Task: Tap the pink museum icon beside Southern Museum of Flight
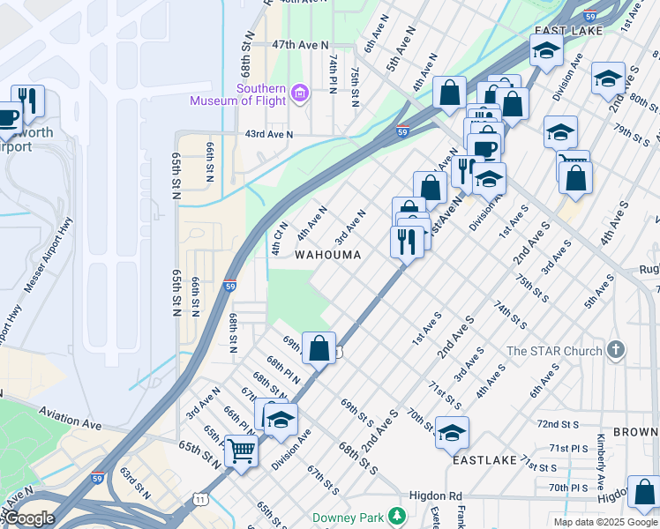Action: tap(300, 93)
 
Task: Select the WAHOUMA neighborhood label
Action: tap(327, 255)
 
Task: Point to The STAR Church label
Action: tap(553, 351)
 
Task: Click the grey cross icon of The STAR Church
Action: tap(615, 351)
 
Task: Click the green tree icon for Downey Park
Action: tap(398, 514)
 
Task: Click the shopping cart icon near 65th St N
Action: tap(240, 451)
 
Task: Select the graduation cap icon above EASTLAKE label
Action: tap(452, 432)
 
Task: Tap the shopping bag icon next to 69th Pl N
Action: tap(319, 347)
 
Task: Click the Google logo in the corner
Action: tap(29, 518)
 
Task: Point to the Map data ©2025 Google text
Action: tap(605, 522)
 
